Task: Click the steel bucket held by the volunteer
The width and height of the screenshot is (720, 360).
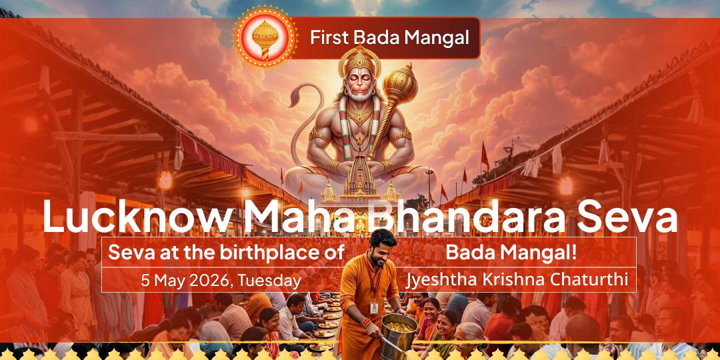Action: pos(395,333)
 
